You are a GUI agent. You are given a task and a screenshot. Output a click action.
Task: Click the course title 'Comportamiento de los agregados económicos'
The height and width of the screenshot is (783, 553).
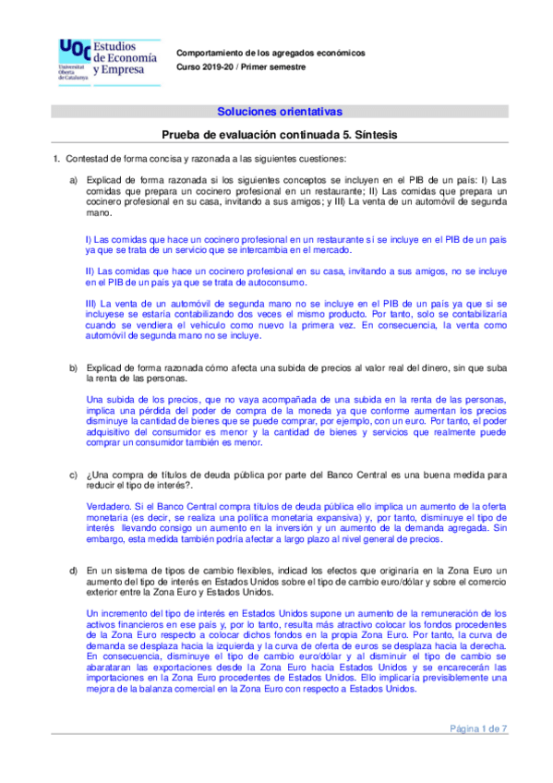pos(270,54)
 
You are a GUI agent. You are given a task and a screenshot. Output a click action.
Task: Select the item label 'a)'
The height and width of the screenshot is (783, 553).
pos(74,179)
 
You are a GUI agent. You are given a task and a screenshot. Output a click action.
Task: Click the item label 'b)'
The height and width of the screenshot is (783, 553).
pos(74,368)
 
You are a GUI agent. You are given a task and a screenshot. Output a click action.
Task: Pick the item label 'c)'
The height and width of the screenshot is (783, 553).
pos(74,475)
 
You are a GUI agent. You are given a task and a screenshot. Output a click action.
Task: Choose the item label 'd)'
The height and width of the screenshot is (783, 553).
pos(74,571)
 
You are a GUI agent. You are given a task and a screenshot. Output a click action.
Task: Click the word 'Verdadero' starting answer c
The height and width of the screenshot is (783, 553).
pos(107,507)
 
